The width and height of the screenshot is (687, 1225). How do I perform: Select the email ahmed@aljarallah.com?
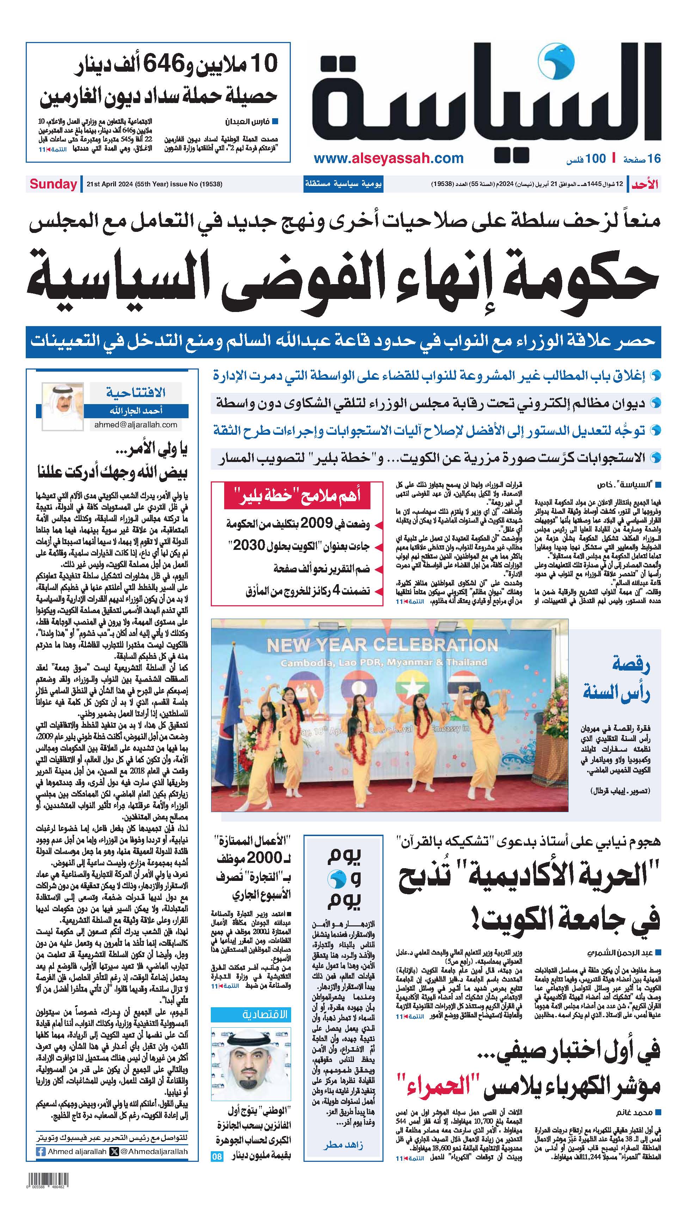(135, 425)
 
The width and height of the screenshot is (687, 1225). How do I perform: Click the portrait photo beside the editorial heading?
(62, 407)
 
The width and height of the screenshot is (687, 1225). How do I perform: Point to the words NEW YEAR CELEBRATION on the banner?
(382, 645)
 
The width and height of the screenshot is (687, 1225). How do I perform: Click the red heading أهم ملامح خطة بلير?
(296, 496)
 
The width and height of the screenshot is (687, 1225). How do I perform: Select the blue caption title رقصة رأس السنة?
(617, 679)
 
